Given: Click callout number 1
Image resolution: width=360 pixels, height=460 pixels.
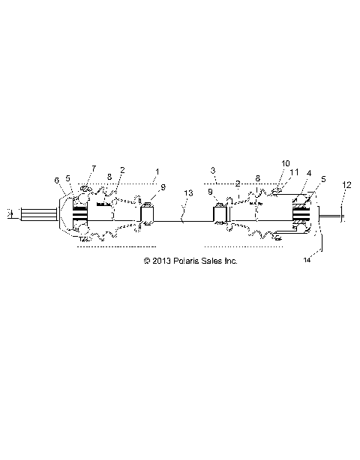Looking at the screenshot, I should point(157,172).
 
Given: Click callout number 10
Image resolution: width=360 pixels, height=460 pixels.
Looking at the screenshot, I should point(285,162).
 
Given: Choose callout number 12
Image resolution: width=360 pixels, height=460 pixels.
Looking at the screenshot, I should point(346,184).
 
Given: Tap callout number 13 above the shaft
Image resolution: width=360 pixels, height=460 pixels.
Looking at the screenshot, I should point(187,193).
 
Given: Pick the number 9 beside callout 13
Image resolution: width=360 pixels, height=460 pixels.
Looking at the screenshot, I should point(210,193).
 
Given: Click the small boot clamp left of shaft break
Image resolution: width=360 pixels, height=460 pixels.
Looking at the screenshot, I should point(148,215).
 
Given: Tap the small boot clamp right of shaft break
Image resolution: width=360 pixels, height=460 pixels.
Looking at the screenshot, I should point(220,215).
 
